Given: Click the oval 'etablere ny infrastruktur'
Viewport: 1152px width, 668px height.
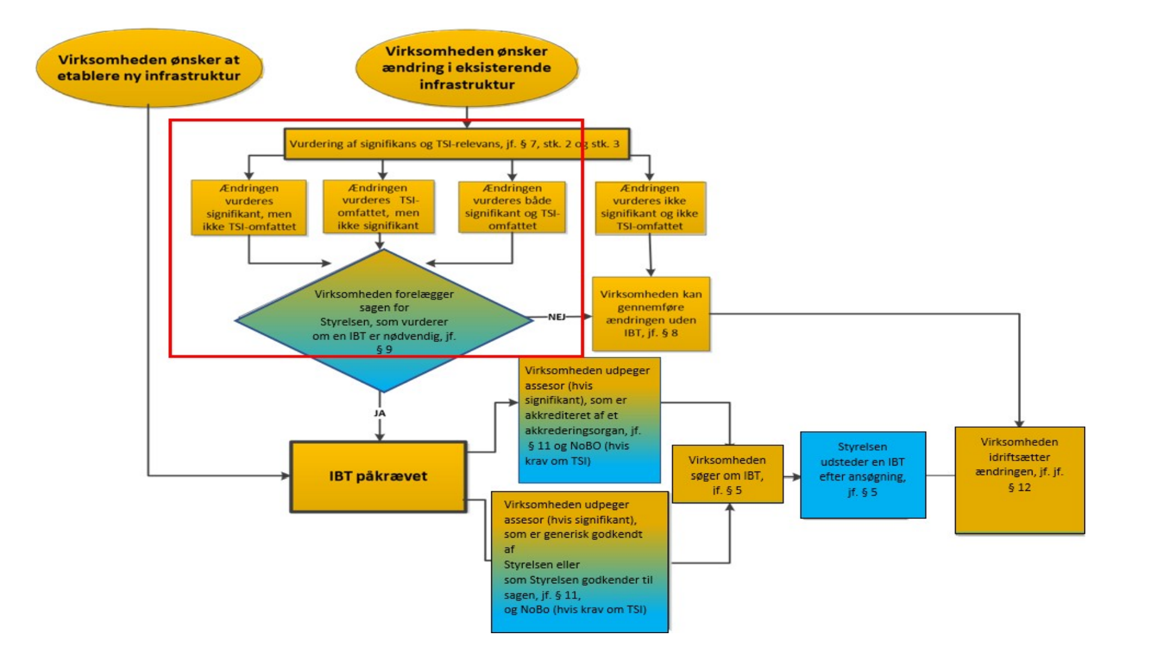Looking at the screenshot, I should click(x=149, y=68).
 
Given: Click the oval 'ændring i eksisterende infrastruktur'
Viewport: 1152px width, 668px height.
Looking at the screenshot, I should click(x=467, y=68).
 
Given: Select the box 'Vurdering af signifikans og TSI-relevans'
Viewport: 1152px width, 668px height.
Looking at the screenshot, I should click(x=456, y=144).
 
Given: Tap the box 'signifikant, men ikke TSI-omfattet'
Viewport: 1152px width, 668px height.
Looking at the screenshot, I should click(x=249, y=207).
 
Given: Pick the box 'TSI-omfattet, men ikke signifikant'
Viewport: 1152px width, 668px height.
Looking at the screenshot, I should click(x=378, y=207).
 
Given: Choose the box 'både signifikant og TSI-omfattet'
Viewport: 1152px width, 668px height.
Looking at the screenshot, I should click(x=512, y=207).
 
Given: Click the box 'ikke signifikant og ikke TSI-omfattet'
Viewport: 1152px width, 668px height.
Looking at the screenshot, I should click(x=650, y=207).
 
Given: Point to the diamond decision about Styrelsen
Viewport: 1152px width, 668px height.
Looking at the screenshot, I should click(x=384, y=320).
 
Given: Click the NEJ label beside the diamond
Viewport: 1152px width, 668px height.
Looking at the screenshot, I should click(x=556, y=317).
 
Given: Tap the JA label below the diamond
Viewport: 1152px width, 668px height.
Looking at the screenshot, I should click(x=380, y=413).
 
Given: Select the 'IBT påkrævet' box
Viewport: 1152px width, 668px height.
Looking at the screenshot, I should click(x=378, y=476).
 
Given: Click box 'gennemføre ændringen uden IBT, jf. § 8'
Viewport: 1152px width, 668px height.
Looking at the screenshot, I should click(x=650, y=314).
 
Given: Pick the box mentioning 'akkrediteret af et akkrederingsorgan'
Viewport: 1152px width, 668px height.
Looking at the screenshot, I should click(x=589, y=420).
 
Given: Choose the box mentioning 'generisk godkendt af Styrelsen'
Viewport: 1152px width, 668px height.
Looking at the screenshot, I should click(x=579, y=562).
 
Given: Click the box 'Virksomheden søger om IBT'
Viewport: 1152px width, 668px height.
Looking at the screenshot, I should click(x=727, y=475).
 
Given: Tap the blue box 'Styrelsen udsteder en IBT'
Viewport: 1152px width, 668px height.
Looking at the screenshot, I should click(x=862, y=475).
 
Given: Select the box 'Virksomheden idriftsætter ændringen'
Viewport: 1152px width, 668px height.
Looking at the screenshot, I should click(x=1019, y=479).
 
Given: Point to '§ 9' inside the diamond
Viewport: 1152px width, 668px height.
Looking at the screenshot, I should click(x=384, y=350).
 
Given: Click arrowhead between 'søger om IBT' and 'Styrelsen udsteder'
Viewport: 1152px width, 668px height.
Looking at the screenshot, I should click(x=796, y=477).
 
